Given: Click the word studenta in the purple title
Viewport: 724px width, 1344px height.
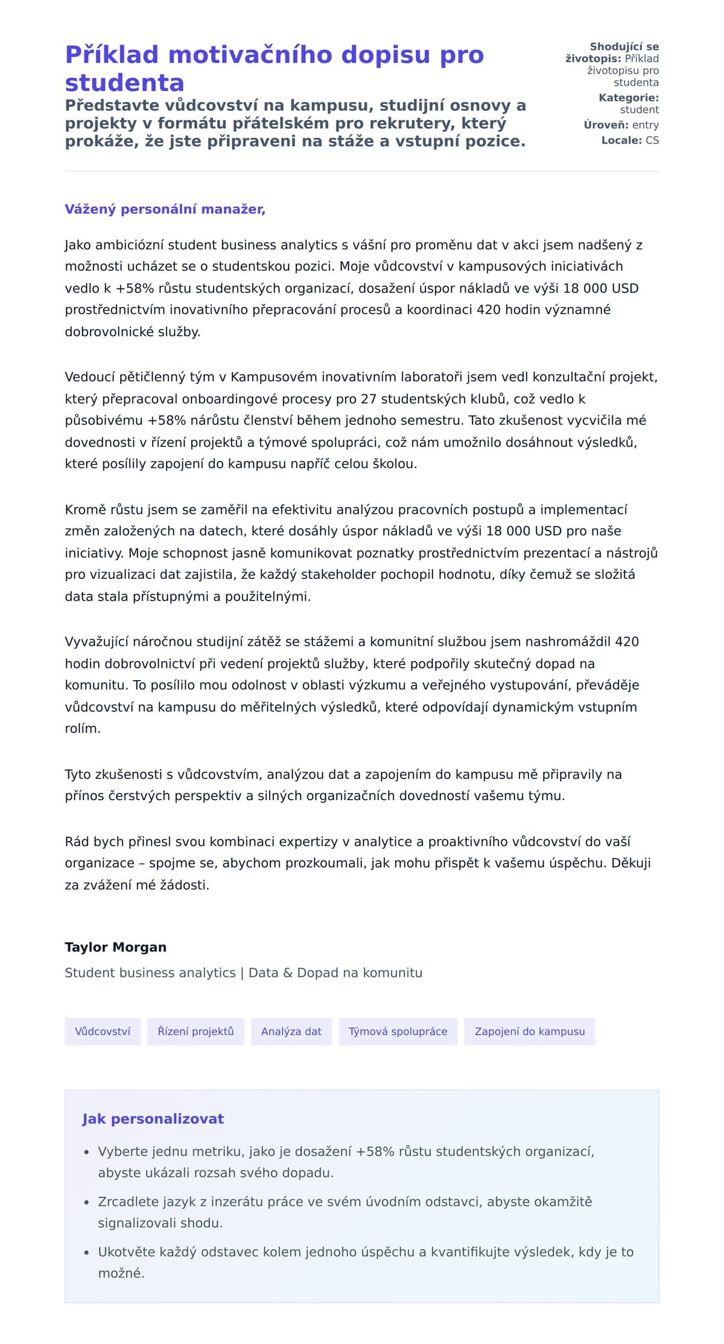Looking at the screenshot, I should coord(124,83).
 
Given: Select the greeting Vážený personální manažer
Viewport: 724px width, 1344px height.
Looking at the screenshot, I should coord(165,209).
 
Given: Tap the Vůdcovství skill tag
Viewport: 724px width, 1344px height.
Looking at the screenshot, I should coord(103,1032).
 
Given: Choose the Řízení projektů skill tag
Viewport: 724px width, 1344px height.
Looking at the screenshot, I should coord(195,1032).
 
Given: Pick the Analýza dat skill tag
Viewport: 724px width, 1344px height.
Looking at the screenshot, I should coord(291,1032).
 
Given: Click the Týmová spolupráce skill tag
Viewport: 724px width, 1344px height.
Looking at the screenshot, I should coord(398,1032).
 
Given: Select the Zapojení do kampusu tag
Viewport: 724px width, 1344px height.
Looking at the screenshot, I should coord(530,1032).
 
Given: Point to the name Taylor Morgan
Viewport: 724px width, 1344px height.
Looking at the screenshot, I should coord(115,947).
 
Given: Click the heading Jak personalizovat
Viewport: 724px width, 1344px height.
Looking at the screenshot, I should coord(153,1119).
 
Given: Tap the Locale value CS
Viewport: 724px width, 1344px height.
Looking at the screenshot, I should coord(652,140).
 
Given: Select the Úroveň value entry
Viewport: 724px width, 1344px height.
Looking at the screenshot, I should coord(646,125).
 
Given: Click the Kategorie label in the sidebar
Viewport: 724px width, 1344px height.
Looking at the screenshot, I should coord(628,98).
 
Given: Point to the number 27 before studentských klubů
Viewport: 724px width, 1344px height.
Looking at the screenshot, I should coord(369,399).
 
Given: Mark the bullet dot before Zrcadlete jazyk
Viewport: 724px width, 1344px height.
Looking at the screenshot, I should coord(86,1202).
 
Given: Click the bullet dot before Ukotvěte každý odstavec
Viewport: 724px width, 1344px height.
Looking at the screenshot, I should coord(86,1252).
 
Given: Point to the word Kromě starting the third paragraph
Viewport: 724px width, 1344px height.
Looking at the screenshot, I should coord(85,510).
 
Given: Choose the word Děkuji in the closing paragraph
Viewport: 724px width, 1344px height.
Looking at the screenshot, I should coord(630,863).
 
